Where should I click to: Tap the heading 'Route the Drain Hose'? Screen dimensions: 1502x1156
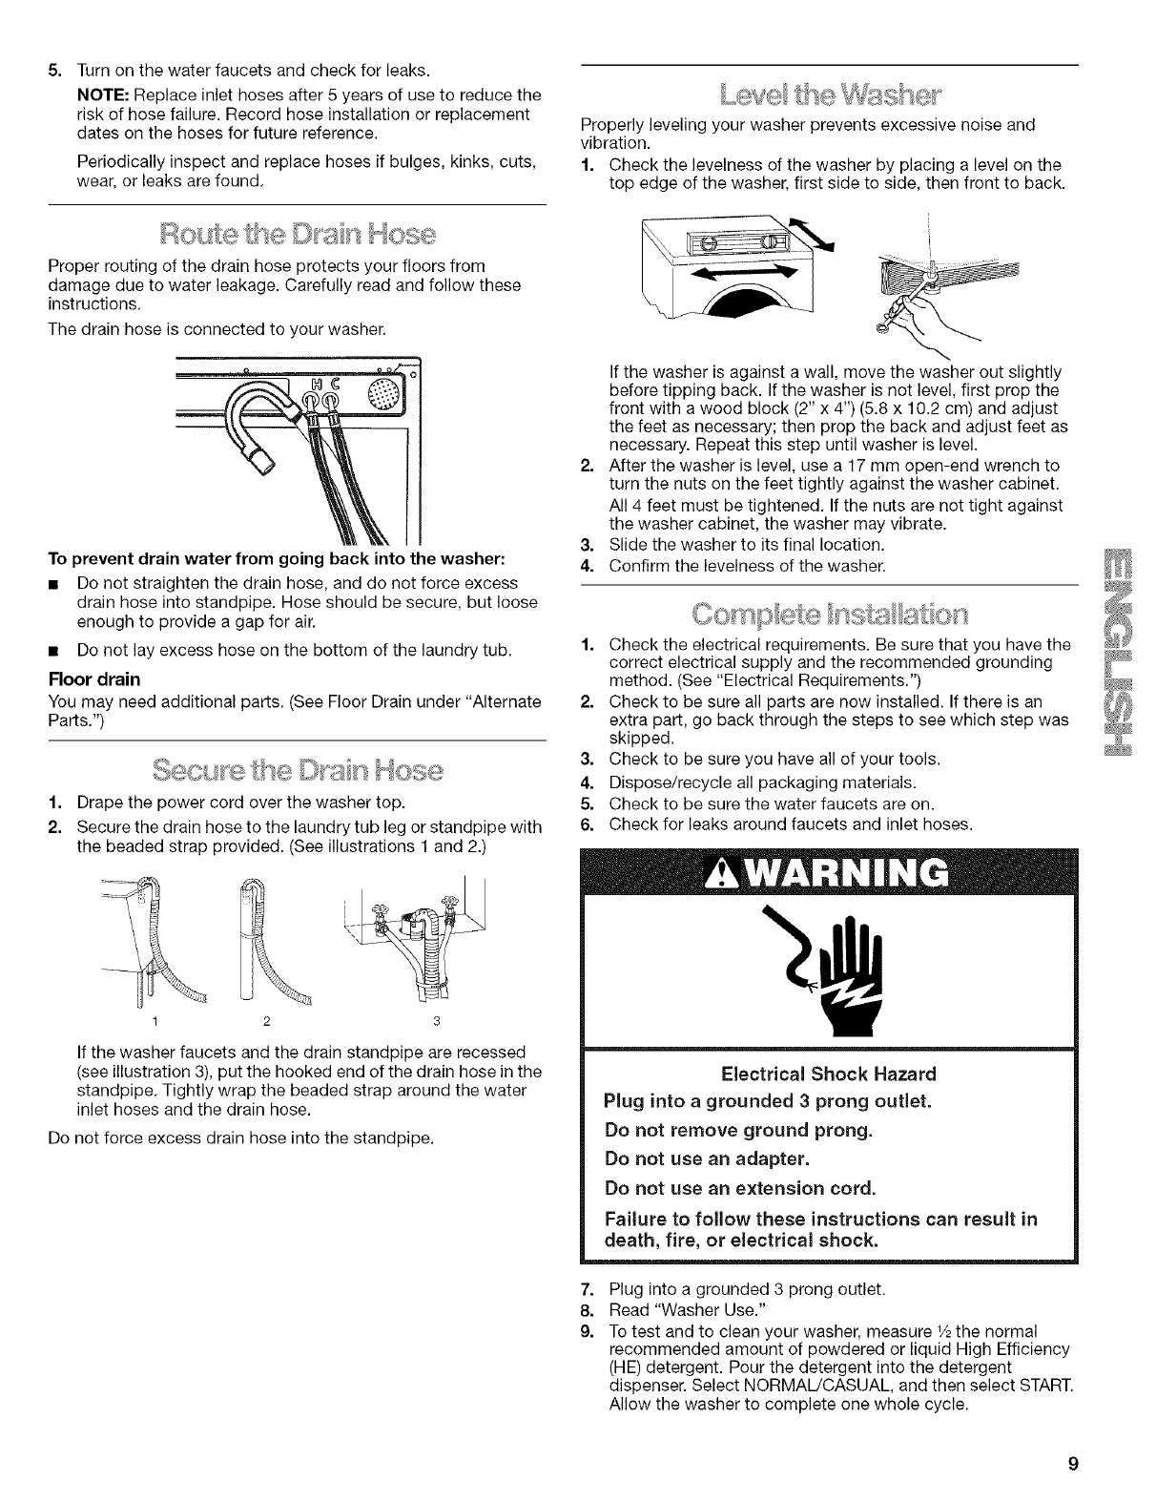(x=296, y=235)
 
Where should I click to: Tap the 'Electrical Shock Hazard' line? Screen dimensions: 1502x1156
(x=828, y=1073)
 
